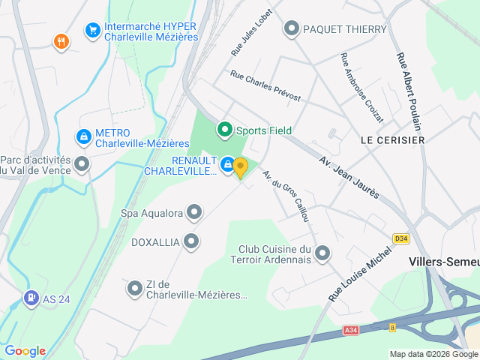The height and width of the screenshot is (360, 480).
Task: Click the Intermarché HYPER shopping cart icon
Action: (93, 30)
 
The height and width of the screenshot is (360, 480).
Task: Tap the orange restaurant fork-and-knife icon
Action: (61, 42)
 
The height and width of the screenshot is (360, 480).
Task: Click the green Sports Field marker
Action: (224, 130)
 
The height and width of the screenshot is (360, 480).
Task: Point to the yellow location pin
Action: (240, 167)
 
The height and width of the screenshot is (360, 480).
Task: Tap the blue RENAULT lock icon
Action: (227, 163)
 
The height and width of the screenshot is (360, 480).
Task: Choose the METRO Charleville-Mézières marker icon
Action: (84, 137)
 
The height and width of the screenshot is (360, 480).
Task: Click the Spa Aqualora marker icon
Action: (194, 213)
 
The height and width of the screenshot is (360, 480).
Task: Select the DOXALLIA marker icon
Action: (191, 241)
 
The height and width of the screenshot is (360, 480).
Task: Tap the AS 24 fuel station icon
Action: (31, 298)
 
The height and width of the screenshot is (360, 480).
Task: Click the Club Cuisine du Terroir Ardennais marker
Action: (322, 253)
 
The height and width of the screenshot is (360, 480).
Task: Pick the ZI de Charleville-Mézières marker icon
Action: (135, 288)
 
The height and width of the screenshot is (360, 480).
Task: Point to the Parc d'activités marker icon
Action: (82, 163)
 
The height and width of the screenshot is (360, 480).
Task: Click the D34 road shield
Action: (401, 239)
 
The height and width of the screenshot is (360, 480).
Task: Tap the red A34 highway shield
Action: (350, 330)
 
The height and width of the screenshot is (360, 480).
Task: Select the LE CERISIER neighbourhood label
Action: (392, 140)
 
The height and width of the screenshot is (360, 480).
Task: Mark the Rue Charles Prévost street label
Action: (265, 86)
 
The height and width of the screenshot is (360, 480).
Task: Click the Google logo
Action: (25, 351)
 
